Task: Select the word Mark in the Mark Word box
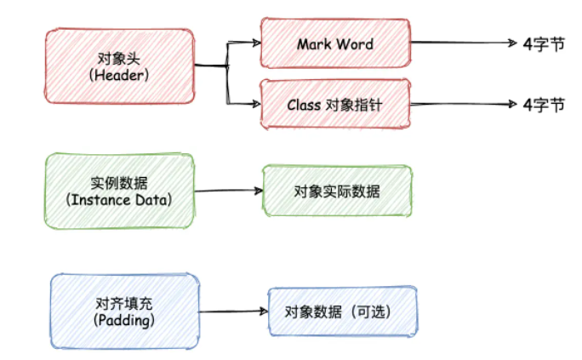[313, 43]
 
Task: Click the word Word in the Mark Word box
[356, 43]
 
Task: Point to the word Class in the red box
[302, 105]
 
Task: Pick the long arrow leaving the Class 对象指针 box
[464, 104]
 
